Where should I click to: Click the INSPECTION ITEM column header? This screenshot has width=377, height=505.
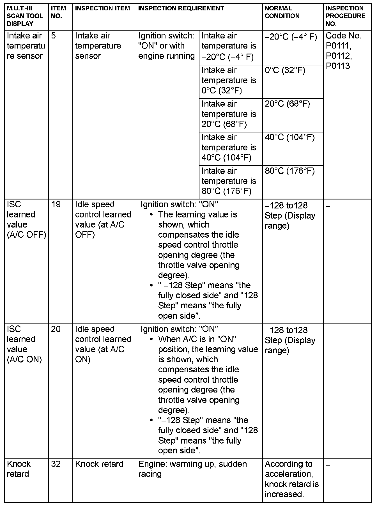[x=102, y=8]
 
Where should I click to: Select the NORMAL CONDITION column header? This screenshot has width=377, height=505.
[x=282, y=12]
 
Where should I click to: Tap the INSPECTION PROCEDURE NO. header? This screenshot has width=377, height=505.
[x=345, y=16]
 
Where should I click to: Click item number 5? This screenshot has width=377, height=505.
[x=54, y=36]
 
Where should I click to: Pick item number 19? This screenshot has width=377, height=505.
[x=56, y=205]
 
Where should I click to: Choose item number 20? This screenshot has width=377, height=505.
[x=56, y=329]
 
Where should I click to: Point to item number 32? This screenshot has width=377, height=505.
[x=56, y=464]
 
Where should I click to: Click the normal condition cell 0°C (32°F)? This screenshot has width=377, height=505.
[x=285, y=70]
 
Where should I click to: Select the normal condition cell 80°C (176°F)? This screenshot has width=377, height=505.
[x=289, y=171]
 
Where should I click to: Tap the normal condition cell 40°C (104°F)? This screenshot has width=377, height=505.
[x=289, y=137]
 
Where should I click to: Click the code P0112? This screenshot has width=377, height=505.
[x=338, y=56]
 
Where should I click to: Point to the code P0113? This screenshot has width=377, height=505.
[x=338, y=66]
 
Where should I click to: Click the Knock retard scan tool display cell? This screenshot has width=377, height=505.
[x=19, y=469]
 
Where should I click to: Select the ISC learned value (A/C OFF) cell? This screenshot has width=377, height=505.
[x=26, y=220]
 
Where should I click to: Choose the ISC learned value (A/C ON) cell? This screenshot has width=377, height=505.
[x=24, y=344]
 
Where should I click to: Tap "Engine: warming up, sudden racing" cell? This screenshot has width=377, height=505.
[x=192, y=469]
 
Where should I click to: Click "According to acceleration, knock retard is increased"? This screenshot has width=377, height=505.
[x=292, y=479]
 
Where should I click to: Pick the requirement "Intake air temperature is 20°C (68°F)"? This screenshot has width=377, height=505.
[x=229, y=114]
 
